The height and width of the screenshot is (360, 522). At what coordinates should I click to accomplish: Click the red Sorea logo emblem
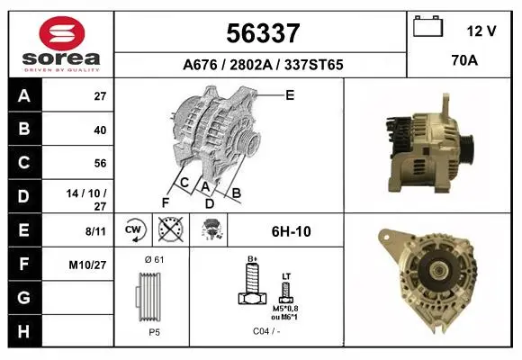point(62,33)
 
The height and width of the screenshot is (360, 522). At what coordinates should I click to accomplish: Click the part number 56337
point(263,33)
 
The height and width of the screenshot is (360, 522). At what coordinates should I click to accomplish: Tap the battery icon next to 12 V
point(427,26)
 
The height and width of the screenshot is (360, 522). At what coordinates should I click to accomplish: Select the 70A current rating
point(464,60)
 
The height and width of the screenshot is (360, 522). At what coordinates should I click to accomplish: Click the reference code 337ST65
point(313,65)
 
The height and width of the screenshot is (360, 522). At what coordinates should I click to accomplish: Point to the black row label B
point(24,129)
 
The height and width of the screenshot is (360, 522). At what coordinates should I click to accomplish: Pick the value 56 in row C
point(100,163)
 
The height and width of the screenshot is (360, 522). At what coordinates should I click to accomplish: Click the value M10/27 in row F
point(87,265)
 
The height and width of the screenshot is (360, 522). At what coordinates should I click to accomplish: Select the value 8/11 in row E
point(95,230)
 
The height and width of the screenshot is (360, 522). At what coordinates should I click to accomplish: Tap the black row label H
point(24,331)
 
